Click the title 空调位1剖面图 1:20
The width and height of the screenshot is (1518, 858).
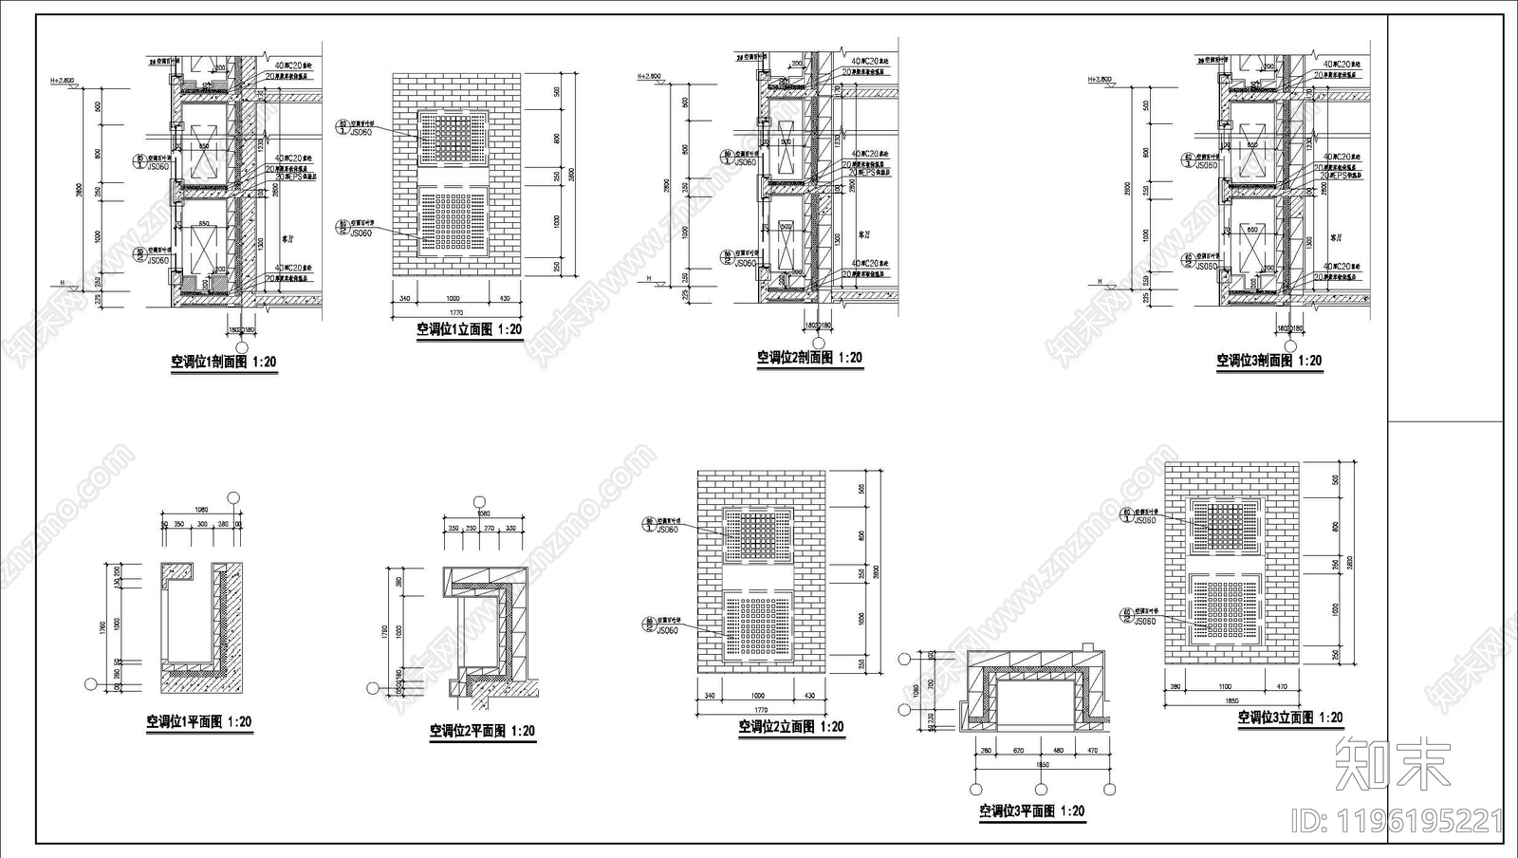[x=223, y=362]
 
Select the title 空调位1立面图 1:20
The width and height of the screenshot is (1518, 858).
[x=469, y=330]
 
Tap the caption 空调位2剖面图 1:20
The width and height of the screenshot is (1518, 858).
[x=809, y=358]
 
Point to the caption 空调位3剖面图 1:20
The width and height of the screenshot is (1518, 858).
[x=1269, y=361]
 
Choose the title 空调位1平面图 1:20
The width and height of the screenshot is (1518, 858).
[x=199, y=722]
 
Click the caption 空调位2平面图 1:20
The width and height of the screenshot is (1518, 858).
[x=482, y=732]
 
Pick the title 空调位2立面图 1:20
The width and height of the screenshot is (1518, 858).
[x=791, y=727]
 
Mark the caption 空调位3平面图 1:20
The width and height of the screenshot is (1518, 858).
[x=1032, y=811]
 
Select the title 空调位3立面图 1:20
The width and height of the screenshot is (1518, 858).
[x=1290, y=718]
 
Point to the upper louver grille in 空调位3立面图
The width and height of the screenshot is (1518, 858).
[x=1227, y=524]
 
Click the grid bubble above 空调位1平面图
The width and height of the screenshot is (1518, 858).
[x=234, y=496]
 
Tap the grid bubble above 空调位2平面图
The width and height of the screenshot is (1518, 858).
[x=482, y=500]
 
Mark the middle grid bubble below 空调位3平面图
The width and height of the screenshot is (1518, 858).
[x=1041, y=789]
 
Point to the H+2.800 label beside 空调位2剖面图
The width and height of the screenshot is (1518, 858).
[x=649, y=76]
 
